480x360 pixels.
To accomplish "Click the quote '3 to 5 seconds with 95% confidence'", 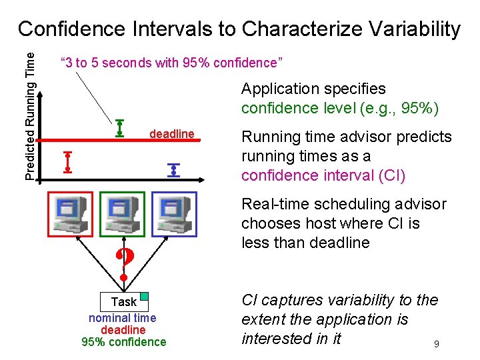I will (172, 63).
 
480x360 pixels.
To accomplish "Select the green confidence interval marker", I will (120, 127).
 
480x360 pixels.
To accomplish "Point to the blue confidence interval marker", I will (174, 169).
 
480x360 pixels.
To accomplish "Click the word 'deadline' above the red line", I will (172, 134).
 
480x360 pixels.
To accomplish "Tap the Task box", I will (123, 301).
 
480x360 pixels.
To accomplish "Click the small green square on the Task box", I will (143, 297).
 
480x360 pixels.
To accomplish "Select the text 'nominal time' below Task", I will (123, 318).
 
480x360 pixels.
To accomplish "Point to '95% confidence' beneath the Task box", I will (123, 342).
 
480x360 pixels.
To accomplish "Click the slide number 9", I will (436, 345).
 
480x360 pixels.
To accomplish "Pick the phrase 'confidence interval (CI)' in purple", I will (323, 175).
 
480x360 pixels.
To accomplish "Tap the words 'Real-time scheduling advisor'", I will (343, 204).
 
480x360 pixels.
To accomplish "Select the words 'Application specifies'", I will (313, 89).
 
